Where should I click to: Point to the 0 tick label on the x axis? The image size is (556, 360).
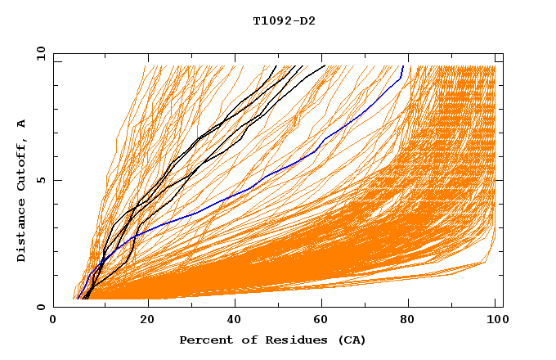53,321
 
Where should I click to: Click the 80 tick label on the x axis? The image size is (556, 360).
409,321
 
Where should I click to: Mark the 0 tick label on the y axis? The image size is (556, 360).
41,308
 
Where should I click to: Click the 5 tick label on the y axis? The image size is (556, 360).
41,180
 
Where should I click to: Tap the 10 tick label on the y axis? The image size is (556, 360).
38,53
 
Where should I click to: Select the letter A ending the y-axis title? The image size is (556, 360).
22,124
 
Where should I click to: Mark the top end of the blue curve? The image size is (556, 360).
402,65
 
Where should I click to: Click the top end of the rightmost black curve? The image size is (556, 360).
325,65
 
